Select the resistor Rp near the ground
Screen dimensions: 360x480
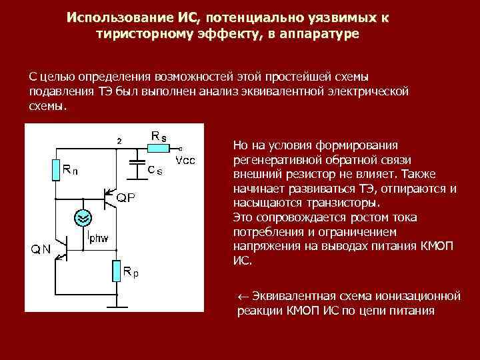(x=117, y=271)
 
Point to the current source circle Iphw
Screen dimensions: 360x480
(x=82, y=217)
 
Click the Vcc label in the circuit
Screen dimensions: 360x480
(x=185, y=161)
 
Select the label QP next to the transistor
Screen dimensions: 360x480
(x=128, y=198)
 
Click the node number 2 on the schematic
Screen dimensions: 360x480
(x=119, y=141)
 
